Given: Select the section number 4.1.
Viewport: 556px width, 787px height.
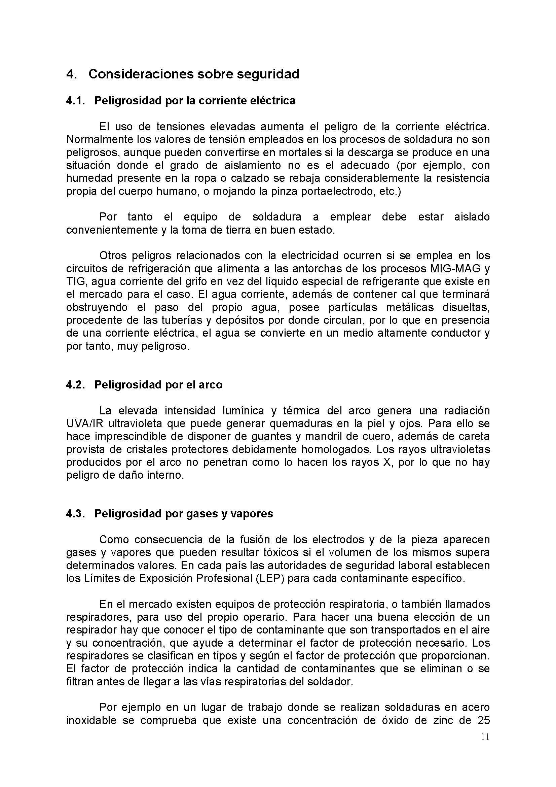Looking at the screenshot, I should coord(75,101).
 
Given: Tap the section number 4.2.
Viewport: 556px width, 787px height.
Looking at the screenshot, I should coord(75,385).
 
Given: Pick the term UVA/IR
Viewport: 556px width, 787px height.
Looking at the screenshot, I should coord(85,424).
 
